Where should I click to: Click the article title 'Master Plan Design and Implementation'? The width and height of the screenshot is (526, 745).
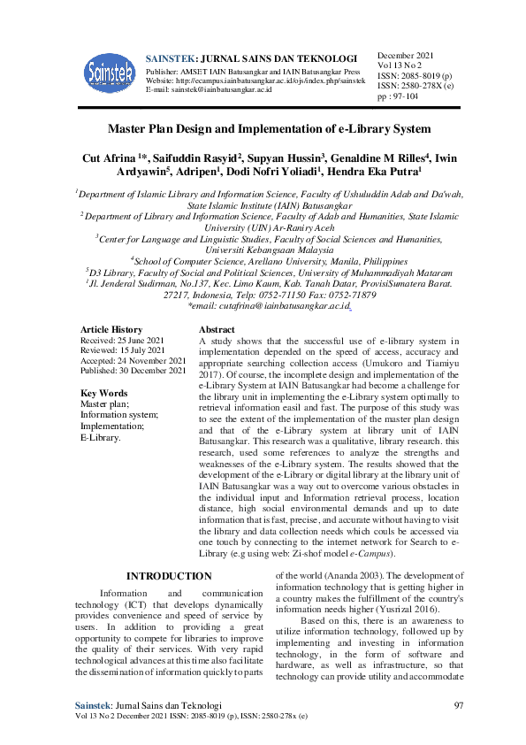(x=263, y=128)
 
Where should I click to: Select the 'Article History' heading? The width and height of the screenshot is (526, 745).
(x=111, y=329)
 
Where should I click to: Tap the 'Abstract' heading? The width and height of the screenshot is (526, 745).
(x=217, y=329)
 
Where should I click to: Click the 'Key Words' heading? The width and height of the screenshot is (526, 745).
(x=103, y=393)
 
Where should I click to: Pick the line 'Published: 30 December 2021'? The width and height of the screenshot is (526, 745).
(x=133, y=371)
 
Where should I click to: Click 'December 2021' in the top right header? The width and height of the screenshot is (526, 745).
(x=408, y=55)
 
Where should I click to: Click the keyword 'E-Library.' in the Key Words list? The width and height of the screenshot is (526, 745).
(x=101, y=437)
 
